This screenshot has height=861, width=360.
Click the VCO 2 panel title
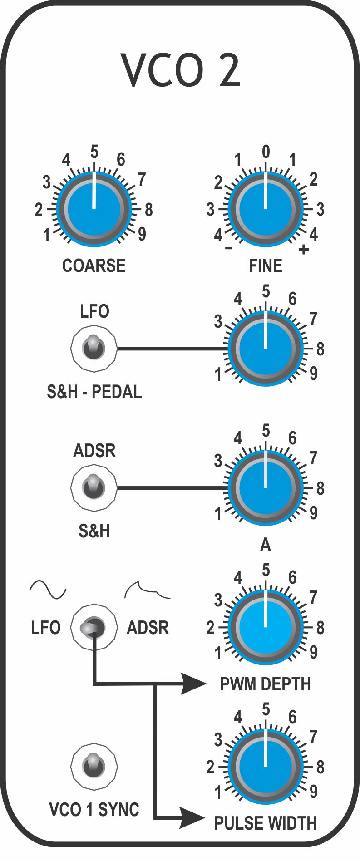click(180, 71)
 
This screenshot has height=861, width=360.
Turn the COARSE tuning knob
click(94, 209)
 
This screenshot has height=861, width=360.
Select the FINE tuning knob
click(266, 209)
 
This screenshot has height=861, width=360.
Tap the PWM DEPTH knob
click(266, 627)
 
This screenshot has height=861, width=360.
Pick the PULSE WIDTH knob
click(266, 767)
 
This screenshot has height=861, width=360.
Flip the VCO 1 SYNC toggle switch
click(94, 766)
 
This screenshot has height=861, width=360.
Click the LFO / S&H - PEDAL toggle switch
click(94, 348)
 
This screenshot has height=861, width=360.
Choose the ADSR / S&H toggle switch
click(94, 487)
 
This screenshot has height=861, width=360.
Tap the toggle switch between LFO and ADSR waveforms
click(93, 627)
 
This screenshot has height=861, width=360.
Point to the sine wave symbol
click(48, 590)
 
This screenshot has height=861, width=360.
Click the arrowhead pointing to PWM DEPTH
click(192, 684)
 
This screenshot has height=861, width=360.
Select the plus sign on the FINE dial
click(303, 250)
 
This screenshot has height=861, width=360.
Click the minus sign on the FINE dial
click(229, 248)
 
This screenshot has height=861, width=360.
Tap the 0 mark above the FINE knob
click(266, 152)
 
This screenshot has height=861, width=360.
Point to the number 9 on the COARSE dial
click(142, 234)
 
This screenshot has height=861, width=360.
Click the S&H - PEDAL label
click(94, 392)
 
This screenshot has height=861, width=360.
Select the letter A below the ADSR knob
click(266, 545)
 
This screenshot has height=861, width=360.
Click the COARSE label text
click(94, 266)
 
